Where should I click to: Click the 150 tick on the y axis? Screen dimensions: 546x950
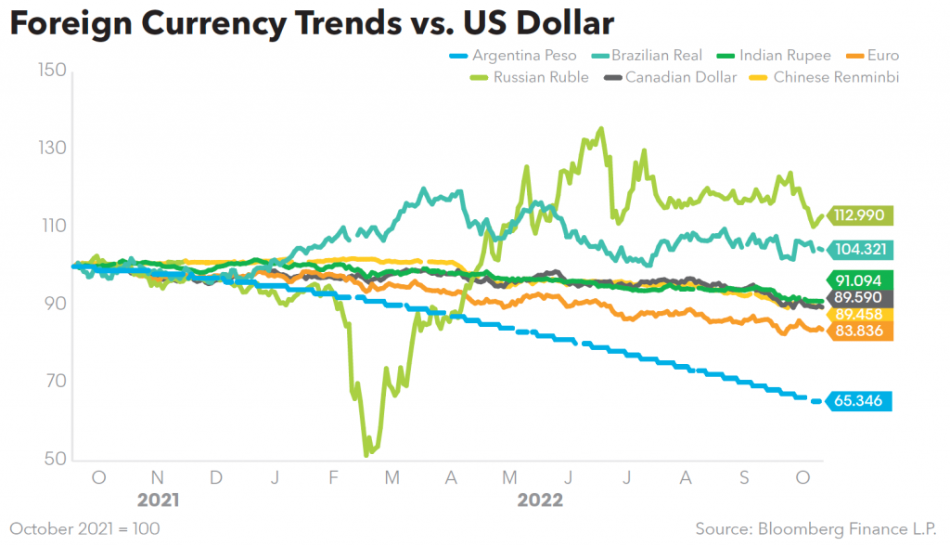(x=53, y=71)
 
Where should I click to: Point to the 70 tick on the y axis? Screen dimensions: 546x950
(x=53, y=381)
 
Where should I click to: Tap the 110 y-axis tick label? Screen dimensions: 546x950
(x=53, y=226)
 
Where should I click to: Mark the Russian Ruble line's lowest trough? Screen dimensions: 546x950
(x=366, y=454)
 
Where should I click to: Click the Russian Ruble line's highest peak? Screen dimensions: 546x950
(x=601, y=129)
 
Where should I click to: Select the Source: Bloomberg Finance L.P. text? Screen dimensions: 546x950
(x=816, y=528)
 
